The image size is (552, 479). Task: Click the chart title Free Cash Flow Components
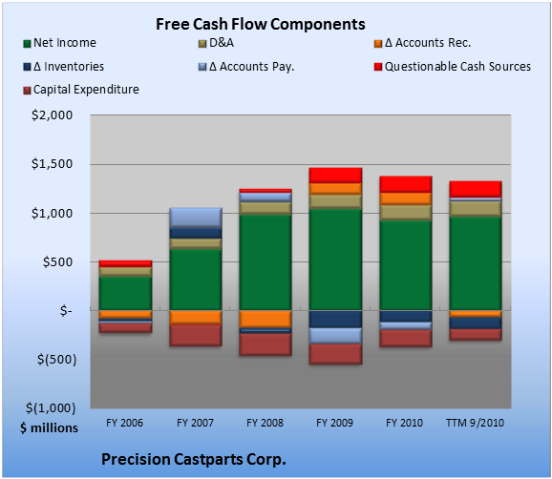[261, 24]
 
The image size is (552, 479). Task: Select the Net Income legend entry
[60, 43]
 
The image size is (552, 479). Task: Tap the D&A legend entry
[216, 43]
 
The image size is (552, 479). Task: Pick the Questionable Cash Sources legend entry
[453, 67]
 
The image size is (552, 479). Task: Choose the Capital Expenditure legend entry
[81, 90]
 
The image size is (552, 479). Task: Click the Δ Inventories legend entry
[64, 67]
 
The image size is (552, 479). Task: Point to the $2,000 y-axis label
[53, 115]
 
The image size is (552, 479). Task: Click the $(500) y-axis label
[56, 360]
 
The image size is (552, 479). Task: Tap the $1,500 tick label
[53, 164]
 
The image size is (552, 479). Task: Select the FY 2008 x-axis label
[265, 423]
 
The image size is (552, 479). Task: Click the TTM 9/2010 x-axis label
[475, 423]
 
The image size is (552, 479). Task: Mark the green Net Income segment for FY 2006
[125, 293]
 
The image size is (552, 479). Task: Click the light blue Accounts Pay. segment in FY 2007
[196, 218]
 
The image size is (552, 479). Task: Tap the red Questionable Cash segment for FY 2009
[335, 176]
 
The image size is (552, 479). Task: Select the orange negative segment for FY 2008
[265, 319]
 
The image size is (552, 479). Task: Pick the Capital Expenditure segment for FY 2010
[405, 339]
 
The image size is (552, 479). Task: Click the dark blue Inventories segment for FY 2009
[335, 319]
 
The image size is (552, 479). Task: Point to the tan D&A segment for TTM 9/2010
[476, 209]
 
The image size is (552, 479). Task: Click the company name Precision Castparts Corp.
[194, 459]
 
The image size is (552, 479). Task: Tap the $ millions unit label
[49, 428]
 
